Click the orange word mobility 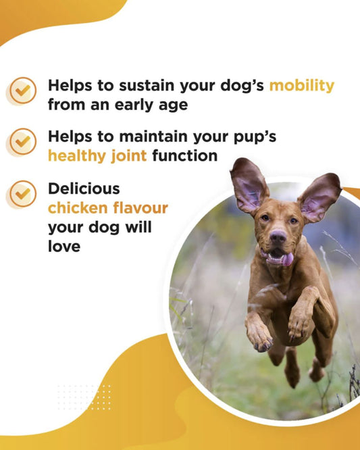tap(301, 86)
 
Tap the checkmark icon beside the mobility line tap(22, 90)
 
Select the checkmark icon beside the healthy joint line tap(22, 141)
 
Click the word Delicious tap(84, 188)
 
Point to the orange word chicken tap(75, 207)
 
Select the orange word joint tap(128, 156)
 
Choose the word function tap(184, 156)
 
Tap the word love tap(64, 247)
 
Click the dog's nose tap(278, 237)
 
